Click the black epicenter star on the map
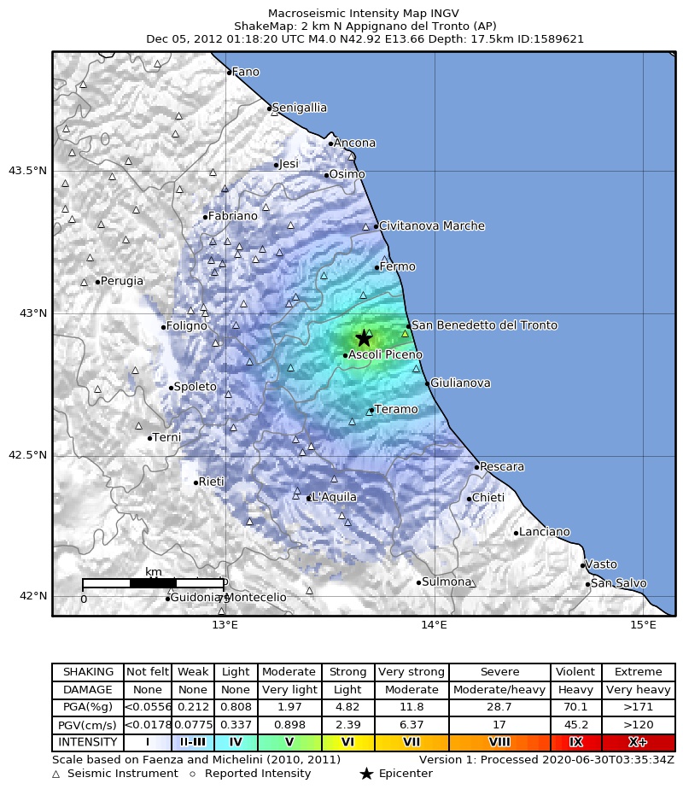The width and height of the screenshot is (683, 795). pyautogui.click(x=364, y=337)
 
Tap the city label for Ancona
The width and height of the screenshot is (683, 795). pyautogui.click(x=354, y=143)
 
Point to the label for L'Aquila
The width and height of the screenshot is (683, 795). pyautogui.click(x=334, y=497)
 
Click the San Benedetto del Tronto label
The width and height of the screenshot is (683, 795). pyautogui.click(x=484, y=325)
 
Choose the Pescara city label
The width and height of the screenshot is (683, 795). pyautogui.click(x=502, y=467)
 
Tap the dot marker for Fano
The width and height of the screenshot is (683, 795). pyautogui.click(x=229, y=72)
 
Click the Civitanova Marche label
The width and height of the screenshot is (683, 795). pyautogui.click(x=431, y=226)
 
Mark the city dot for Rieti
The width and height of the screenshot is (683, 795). pyautogui.click(x=196, y=482)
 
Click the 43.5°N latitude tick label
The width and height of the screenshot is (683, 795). pyautogui.click(x=27, y=171)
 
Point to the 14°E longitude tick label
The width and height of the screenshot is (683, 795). pyautogui.click(x=435, y=627)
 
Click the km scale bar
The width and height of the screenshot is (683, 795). pyautogui.click(x=153, y=583)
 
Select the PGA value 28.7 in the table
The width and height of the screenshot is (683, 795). pyautogui.click(x=499, y=707)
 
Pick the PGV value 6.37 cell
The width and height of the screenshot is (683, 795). pyautogui.click(x=411, y=725)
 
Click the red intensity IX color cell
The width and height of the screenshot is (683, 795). pyautogui.click(x=575, y=742)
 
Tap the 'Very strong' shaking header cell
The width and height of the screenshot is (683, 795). pyautogui.click(x=411, y=672)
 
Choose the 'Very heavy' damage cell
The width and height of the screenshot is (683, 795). pyautogui.click(x=638, y=689)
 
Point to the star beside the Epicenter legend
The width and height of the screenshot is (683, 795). pyautogui.click(x=366, y=774)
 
